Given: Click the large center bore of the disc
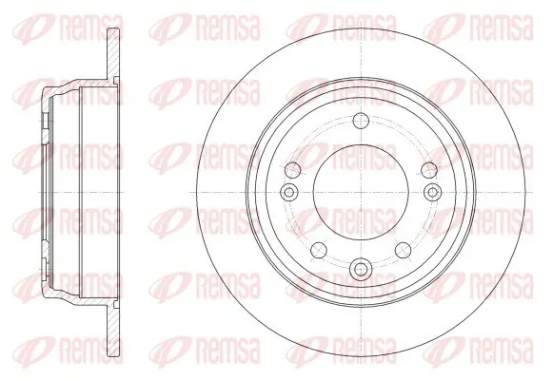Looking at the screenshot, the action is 361,192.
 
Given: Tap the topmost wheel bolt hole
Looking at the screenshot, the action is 361,121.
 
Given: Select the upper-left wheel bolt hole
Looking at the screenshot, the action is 293,170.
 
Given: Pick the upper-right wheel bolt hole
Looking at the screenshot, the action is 429,170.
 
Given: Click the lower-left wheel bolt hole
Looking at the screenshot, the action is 319,250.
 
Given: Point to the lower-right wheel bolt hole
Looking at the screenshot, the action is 404,250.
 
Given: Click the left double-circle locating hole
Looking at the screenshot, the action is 289,192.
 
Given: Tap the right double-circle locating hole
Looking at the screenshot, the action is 433,192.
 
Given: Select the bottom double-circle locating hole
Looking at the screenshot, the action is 360,269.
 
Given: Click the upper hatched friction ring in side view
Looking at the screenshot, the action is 113,53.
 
